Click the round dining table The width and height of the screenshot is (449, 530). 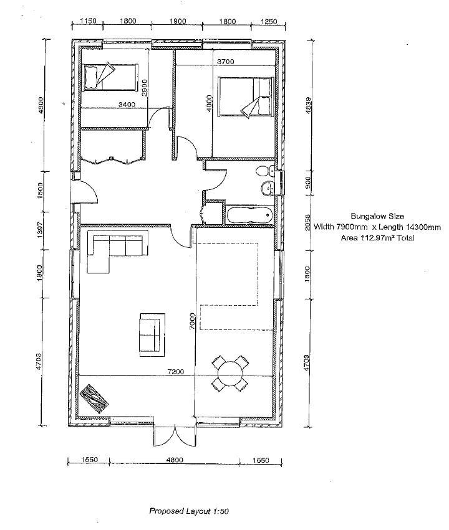pyautogui.click(x=230, y=374)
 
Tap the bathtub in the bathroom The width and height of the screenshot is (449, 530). pyautogui.click(x=249, y=215)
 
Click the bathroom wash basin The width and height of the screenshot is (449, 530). pyautogui.click(x=269, y=187)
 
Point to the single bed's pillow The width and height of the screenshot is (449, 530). pyautogui.click(x=90, y=77)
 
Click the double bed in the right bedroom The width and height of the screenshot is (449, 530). pyautogui.click(x=246, y=97)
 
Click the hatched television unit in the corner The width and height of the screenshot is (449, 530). pyautogui.click(x=94, y=399)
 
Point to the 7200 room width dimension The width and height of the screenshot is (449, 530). pyautogui.click(x=176, y=372)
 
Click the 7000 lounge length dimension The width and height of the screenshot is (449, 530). pyautogui.click(x=192, y=321)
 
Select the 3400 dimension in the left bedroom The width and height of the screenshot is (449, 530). pyautogui.click(x=127, y=105)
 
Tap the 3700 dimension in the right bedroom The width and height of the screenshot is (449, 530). pyautogui.click(x=225, y=62)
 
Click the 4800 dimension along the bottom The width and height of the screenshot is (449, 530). pyautogui.click(x=175, y=460)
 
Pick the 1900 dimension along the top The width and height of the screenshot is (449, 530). pyautogui.click(x=177, y=21)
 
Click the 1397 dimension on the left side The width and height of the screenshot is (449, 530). pyautogui.click(x=39, y=230)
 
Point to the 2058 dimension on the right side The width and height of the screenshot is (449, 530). pyautogui.click(x=307, y=222)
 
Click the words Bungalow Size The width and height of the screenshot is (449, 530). pyautogui.click(x=377, y=216)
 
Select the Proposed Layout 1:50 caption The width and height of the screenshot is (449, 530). pyautogui.click(x=189, y=511)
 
